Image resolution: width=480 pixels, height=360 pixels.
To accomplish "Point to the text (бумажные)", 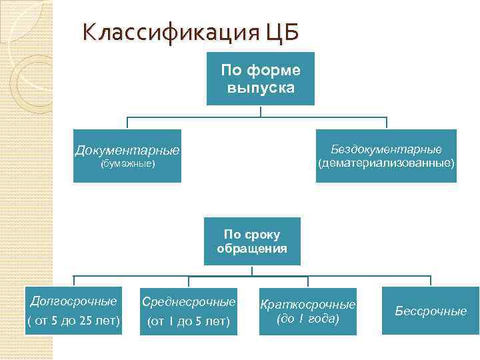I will pyautogui.click(x=127, y=163).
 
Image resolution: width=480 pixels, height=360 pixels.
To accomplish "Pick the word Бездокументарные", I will pyautogui.click(x=386, y=149).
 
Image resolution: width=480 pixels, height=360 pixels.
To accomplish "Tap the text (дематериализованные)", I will pyautogui.click(x=387, y=163).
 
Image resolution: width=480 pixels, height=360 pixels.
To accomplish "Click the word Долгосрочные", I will pyautogui.click(x=73, y=301).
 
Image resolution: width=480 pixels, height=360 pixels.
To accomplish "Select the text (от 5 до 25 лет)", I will pyautogui.click(x=73, y=321).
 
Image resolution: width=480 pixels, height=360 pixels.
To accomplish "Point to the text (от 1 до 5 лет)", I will pyautogui.click(x=189, y=322).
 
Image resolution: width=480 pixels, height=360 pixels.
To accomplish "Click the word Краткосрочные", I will pyautogui.click(x=308, y=304).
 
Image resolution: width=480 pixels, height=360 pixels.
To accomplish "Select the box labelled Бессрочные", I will pyautogui.click(x=431, y=311).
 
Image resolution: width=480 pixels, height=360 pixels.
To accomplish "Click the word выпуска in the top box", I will pyautogui.click(x=260, y=87).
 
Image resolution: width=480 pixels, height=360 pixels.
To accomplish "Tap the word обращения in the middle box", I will pyautogui.click(x=252, y=249).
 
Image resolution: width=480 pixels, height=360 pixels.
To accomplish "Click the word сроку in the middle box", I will pyautogui.click(x=262, y=235).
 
